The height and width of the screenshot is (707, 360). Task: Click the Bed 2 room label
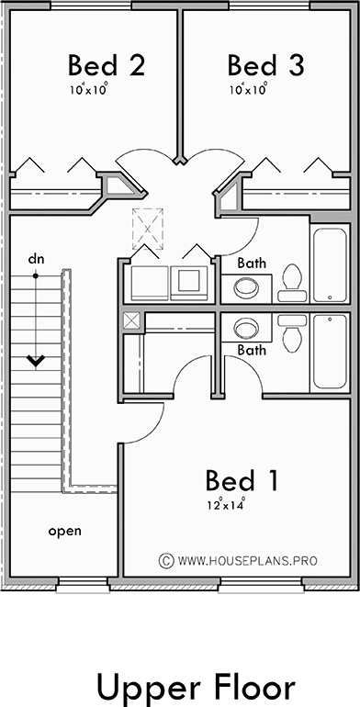(x=107, y=65)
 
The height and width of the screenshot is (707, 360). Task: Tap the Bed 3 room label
(x=265, y=65)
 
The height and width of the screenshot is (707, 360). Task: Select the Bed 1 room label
(x=242, y=480)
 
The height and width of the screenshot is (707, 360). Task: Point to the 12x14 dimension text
(x=227, y=504)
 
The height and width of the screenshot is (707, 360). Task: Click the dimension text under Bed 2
(x=88, y=90)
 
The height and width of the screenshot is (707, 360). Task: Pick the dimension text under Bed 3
(x=247, y=90)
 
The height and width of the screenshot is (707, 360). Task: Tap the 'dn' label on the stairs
(x=36, y=259)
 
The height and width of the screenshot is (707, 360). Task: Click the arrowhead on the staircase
(x=36, y=361)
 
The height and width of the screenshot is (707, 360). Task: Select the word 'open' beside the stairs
(x=65, y=531)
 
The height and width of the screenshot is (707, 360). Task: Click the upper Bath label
(x=252, y=264)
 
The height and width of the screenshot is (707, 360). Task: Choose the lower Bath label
(x=252, y=350)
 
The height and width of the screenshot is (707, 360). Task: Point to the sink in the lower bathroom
(x=246, y=327)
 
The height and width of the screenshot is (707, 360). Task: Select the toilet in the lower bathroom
(x=292, y=331)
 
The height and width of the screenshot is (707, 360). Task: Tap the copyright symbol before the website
(x=166, y=558)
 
